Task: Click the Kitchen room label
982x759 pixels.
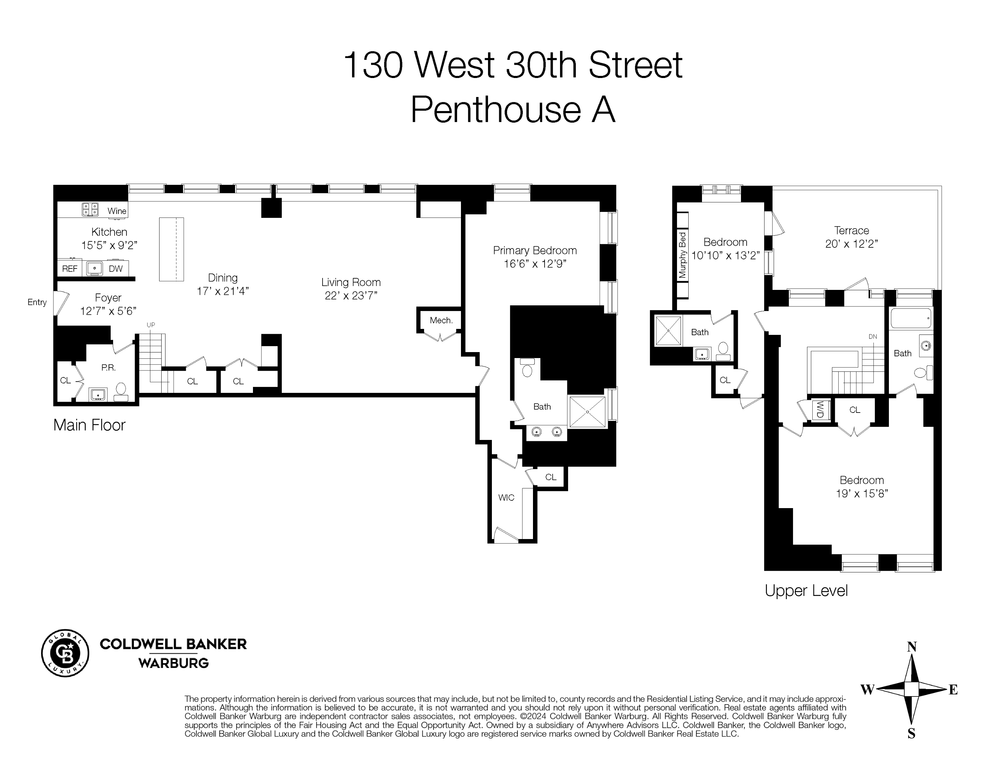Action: [109, 232]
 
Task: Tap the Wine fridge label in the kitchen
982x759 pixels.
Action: [116, 211]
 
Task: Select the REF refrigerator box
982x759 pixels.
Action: [70, 269]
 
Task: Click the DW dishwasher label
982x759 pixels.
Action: [116, 269]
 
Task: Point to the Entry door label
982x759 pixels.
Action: [37, 302]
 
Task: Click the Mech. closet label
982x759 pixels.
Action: [441, 320]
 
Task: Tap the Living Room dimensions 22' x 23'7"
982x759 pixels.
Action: [351, 296]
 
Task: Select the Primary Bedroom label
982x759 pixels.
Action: [535, 251]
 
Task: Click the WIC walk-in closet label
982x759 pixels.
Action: [506, 498]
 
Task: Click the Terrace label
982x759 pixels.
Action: [852, 231]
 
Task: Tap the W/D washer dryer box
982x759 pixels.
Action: [820, 409]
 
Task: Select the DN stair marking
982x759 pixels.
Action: [873, 336]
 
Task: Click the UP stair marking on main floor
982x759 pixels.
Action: [151, 325]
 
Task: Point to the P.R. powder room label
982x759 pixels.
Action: [108, 368]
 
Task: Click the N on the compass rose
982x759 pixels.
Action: [912, 647]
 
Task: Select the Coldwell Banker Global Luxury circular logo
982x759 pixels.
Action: [65, 653]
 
